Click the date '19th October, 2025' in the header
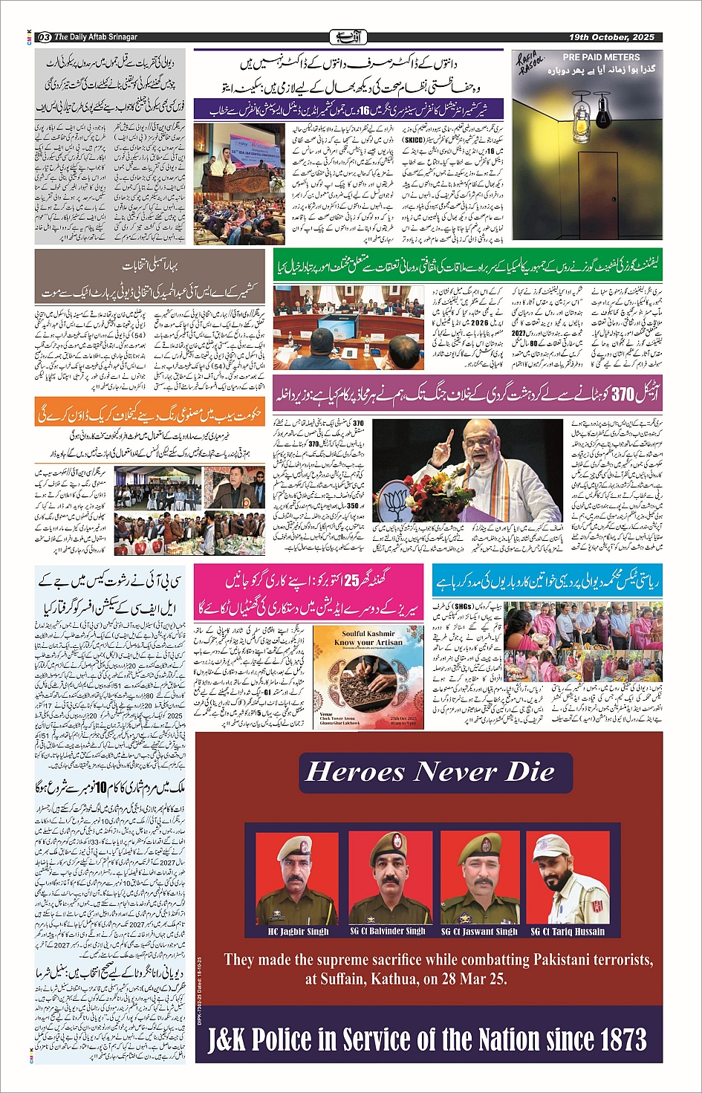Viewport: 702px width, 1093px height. (611, 37)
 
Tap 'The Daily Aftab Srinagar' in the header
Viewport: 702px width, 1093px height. (96, 37)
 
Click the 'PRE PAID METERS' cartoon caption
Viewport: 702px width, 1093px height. (600, 57)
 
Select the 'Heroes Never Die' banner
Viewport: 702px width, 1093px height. (430, 772)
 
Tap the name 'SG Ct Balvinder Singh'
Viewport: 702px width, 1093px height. (388, 931)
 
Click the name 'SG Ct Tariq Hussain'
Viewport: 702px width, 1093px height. (568, 931)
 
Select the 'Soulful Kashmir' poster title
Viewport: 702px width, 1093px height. (359, 634)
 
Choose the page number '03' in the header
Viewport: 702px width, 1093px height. (44, 37)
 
